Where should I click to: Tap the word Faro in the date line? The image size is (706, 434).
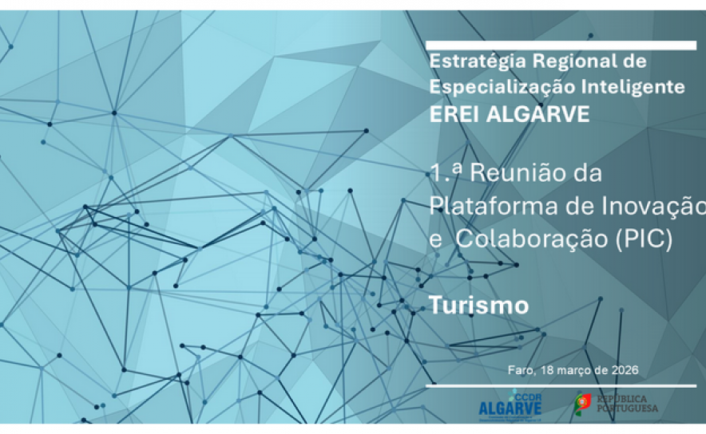pos(520,370)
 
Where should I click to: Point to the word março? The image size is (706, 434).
pos(574,370)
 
